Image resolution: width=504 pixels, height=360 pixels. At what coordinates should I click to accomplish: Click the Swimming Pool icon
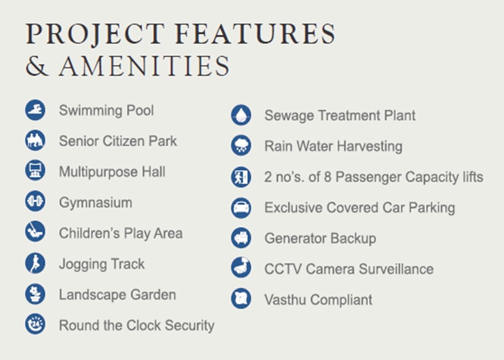[36, 110]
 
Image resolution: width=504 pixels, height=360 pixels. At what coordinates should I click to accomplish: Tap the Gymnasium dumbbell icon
[36, 201]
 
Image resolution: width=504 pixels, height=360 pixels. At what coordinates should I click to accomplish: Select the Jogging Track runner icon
[36, 263]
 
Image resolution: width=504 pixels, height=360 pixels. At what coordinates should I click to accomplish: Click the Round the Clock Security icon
[36, 324]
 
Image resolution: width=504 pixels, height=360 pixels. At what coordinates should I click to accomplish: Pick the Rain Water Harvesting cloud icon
[241, 146]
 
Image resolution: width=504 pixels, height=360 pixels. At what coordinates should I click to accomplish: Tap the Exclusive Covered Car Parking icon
[241, 207]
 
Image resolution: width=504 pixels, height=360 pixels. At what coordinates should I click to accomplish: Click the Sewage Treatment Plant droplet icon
[241, 115]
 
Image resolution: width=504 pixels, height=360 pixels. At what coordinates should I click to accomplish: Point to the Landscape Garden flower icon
[36, 294]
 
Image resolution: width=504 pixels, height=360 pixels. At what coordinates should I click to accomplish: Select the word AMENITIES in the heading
[144, 66]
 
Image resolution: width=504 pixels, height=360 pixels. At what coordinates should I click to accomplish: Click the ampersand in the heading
[37, 66]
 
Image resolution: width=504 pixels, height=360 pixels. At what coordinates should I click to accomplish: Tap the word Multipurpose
[98, 172]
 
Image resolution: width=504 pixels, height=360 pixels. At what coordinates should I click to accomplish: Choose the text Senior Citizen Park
[118, 141]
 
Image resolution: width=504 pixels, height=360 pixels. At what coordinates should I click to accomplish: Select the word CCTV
[283, 269]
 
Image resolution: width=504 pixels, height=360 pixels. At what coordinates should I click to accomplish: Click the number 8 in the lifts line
[328, 177]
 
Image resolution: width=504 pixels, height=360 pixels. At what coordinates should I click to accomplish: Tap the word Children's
[90, 233]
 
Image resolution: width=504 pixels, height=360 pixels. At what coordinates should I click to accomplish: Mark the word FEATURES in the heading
[256, 34]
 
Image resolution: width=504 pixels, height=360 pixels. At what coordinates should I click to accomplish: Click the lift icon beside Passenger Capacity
[241, 177]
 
